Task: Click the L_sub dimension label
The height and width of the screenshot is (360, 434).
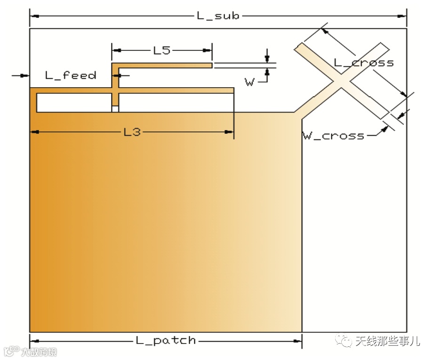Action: [x=218, y=16]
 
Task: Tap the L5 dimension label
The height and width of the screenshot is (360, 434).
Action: [x=161, y=50]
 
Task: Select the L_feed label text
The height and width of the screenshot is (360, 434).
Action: [x=71, y=75]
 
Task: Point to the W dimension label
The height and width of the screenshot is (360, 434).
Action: [x=249, y=82]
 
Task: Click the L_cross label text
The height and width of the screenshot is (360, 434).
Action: [x=363, y=63]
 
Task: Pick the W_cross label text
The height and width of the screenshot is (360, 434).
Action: [x=333, y=136]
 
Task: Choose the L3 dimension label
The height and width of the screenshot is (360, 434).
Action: [x=132, y=132]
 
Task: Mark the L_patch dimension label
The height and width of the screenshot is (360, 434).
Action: [x=165, y=340]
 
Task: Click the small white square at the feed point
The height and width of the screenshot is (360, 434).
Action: [x=115, y=109]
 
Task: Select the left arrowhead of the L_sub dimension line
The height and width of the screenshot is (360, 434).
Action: [x=34, y=16]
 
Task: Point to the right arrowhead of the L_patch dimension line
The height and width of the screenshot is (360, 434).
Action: [x=297, y=340]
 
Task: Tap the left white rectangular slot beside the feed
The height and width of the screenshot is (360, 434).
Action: [x=74, y=103]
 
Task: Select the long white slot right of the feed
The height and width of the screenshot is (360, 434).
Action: [x=176, y=103]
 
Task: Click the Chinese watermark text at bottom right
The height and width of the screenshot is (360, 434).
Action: [x=387, y=341]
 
